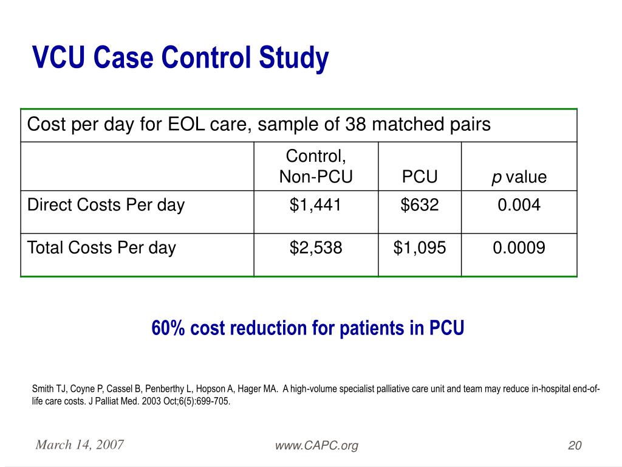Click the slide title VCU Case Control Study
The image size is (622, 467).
pos(180,58)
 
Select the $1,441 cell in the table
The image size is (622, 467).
pos(315,206)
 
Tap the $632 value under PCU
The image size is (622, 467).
pos(419,206)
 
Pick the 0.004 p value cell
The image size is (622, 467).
pos(519,206)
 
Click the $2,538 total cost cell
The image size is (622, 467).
pos(315,248)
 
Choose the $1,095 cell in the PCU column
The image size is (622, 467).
pos(419,248)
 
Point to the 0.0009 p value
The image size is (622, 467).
pos(519,248)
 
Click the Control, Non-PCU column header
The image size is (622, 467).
pos(315,167)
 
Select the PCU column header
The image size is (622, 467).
pos(419,177)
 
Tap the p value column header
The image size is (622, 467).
pos(519,177)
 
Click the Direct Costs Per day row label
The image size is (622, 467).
pos(106,206)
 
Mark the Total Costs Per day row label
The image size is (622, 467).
pos(101,248)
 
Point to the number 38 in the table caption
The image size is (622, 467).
pos(355,125)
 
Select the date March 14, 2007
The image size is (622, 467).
pos(80,445)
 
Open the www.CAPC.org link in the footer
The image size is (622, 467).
pos(316,446)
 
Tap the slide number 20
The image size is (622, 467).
pos(575,446)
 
